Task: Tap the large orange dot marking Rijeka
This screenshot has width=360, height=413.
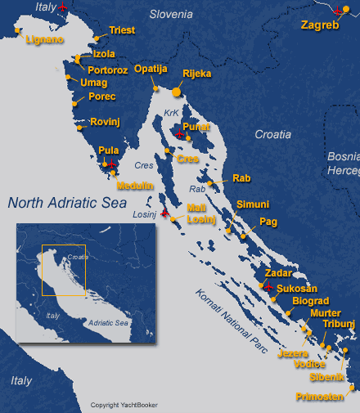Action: click(177, 92)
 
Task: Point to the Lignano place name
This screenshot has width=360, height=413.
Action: click(44, 38)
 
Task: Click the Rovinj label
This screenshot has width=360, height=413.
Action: click(106, 122)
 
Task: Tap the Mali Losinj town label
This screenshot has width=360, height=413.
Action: click(200, 213)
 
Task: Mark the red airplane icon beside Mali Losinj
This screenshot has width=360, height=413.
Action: click(164, 214)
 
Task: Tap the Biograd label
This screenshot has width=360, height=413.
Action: click(310, 301)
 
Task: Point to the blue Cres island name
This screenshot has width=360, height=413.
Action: click(144, 164)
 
